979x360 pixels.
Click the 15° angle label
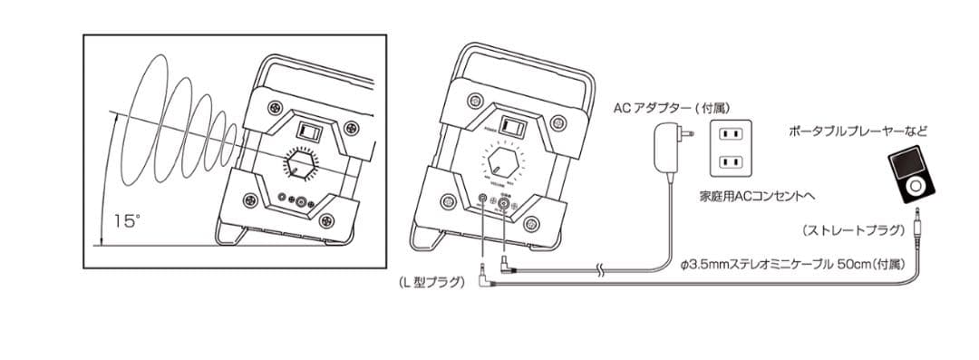(128, 220)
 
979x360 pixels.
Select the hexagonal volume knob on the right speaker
(501, 164)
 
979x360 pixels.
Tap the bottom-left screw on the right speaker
(444, 200)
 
